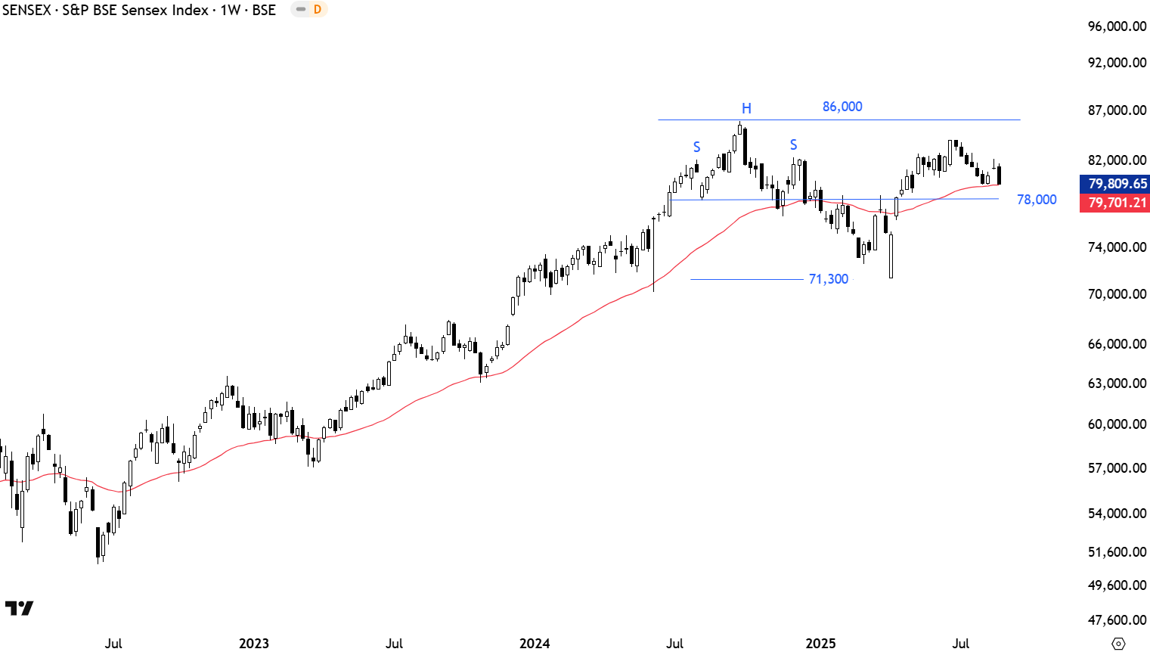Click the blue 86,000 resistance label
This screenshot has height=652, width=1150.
pos(842,107)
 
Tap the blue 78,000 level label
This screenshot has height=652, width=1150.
pos(1037,200)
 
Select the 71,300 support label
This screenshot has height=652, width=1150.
pos(829,279)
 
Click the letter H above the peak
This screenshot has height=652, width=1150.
pos(746,109)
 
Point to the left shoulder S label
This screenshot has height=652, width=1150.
pos(697,147)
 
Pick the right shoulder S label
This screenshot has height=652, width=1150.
pos(793,144)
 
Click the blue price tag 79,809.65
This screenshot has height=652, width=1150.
pos(1117,184)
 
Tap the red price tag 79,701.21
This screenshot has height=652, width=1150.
pos(1117,203)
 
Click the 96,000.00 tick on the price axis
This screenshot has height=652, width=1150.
pos(1117,26)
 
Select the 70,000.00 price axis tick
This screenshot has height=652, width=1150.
pos(1117,294)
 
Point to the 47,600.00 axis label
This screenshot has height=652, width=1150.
pos(1117,620)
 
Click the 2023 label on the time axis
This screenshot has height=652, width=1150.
pos(254,644)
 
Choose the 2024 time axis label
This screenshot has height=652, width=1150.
pos(535,644)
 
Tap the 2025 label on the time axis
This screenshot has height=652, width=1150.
pos(820,644)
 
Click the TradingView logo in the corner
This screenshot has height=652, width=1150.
pos(19,608)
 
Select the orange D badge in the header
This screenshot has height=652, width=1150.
pos(318,10)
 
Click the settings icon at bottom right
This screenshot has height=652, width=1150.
pos(1119,644)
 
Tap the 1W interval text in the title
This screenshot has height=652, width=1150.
pos(230,10)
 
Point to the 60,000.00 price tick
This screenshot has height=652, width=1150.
pos(1117,424)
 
